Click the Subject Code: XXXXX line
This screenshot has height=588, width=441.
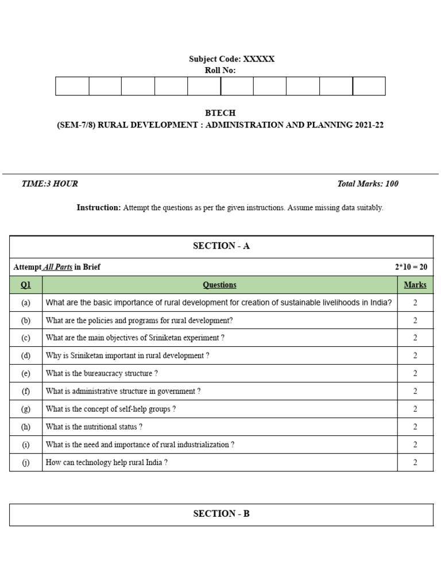click(231, 59)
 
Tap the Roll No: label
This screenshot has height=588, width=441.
click(220, 71)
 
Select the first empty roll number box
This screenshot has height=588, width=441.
click(72, 86)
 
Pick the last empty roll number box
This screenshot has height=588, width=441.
click(369, 86)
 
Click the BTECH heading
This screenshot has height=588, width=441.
click(220, 113)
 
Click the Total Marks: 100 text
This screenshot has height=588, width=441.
click(367, 184)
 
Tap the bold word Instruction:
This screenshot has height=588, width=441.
click(99, 208)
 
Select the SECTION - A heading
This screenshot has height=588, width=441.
click(221, 246)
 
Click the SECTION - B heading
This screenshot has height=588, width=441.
click(221, 514)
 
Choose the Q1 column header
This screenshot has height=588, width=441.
click(26, 285)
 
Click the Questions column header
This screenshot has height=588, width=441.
click(219, 285)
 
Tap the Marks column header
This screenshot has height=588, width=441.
click(415, 285)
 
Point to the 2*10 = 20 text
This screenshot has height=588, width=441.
click(411, 267)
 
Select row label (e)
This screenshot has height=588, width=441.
click(26, 373)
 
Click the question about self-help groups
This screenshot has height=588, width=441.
click(110, 409)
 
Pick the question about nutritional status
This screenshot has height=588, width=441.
click(94, 427)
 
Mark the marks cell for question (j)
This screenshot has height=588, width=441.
click(415, 462)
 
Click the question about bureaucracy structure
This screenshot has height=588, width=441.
click(102, 373)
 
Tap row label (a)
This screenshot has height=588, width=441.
click(26, 303)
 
